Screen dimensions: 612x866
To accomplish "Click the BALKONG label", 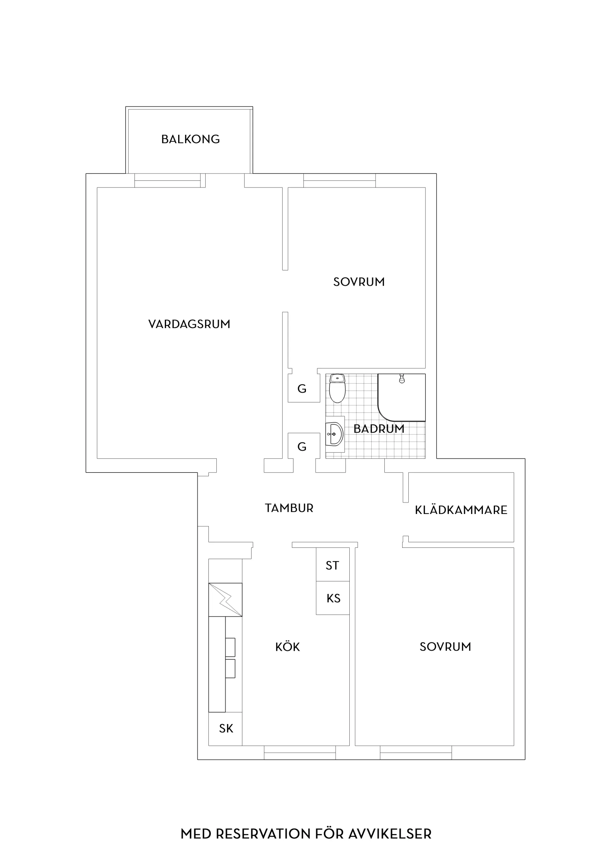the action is pyautogui.click(x=190, y=139).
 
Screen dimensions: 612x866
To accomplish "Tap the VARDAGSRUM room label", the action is pyautogui.click(x=189, y=324).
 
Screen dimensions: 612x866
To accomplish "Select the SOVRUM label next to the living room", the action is pyautogui.click(x=359, y=282).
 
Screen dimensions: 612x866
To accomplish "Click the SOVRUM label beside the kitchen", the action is pyautogui.click(x=445, y=647).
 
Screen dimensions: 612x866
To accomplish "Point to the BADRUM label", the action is pyautogui.click(x=379, y=429).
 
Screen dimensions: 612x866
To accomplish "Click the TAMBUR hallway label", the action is pyautogui.click(x=289, y=508).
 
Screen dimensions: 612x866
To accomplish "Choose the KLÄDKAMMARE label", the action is pyautogui.click(x=461, y=510).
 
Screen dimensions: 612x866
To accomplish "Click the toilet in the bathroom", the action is pyautogui.click(x=337, y=388).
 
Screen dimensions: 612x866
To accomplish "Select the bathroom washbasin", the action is pyautogui.click(x=334, y=434).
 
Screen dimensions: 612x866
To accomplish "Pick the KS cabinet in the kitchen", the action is pyautogui.click(x=332, y=598).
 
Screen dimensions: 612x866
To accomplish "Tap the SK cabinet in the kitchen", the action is pyautogui.click(x=225, y=729).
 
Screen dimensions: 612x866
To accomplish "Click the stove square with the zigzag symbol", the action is pyautogui.click(x=225, y=600).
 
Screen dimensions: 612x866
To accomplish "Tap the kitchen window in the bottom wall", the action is pyautogui.click(x=300, y=752).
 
